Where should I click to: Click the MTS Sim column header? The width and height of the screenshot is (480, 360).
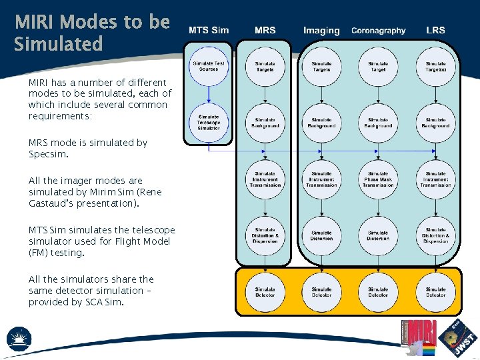point(208,30)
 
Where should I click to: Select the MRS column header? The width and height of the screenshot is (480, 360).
point(265,30)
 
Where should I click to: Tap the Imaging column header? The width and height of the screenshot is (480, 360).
point(321,30)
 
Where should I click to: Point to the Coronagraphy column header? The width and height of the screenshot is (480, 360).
point(378,30)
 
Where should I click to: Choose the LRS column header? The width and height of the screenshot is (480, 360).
point(435,30)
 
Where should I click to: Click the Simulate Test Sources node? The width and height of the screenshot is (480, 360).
point(209,65)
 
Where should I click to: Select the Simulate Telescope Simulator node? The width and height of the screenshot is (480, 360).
point(209,122)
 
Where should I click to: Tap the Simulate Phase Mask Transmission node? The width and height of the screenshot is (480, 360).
point(378,179)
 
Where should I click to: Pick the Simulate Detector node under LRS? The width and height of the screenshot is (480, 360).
point(435,292)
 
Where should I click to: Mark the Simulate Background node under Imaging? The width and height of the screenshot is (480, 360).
point(321,122)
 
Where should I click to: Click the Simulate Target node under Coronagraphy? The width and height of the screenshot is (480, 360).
point(378,65)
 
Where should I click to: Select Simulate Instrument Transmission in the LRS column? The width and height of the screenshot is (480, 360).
point(435,179)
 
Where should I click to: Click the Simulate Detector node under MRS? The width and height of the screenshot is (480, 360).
point(265,292)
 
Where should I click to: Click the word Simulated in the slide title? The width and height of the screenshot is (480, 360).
point(59,45)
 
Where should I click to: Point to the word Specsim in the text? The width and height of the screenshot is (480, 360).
point(49,154)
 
